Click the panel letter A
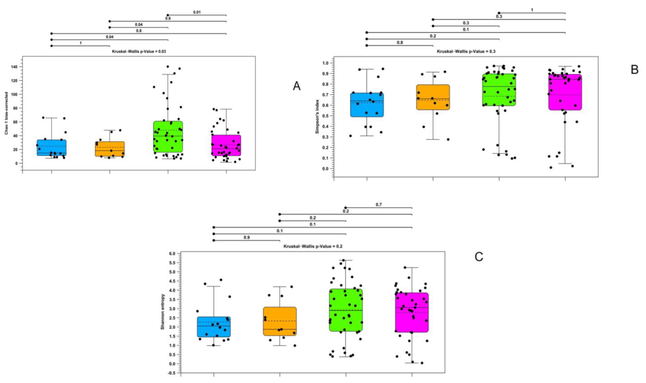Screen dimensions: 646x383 [x=297, y=86]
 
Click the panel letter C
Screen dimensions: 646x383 [x=479, y=257]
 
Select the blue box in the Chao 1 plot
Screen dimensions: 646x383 [x=51, y=148]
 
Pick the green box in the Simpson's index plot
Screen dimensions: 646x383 [x=499, y=90]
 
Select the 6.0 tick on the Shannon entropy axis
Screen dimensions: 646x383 [x=172, y=254]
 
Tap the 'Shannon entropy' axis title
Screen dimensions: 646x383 [x=163, y=312]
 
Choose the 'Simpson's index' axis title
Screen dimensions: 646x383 [x=317, y=117]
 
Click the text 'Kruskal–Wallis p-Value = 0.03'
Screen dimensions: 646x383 [x=139, y=51]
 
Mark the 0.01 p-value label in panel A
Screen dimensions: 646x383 [x=197, y=12]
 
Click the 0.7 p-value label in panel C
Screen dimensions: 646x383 [x=379, y=205]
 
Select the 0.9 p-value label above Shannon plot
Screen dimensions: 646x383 [x=247, y=237]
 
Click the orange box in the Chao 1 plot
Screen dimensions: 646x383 [x=110, y=149]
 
